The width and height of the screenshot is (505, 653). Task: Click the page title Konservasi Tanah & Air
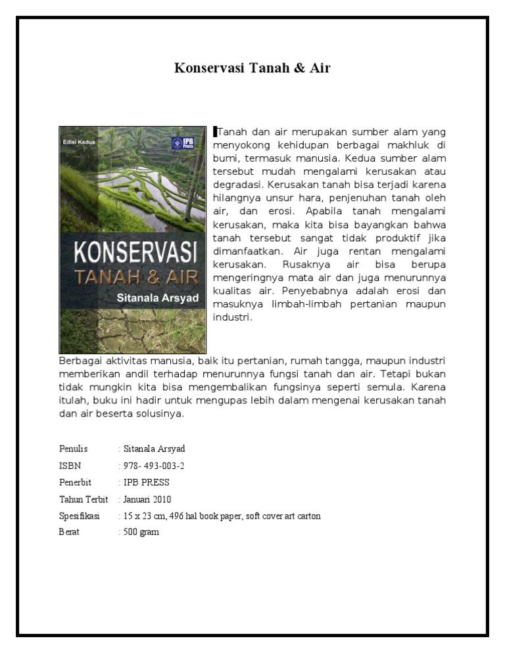tap(252, 68)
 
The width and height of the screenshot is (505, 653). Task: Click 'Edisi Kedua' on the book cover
tap(78, 141)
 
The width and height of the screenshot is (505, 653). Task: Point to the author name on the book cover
tap(157, 297)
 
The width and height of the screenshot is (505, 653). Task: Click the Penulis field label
tap(73, 449)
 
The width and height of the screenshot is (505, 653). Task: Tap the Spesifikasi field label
tap(79, 516)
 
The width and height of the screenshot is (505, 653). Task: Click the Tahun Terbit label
tap(84, 499)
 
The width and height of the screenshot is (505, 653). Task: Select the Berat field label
tap(69, 532)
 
